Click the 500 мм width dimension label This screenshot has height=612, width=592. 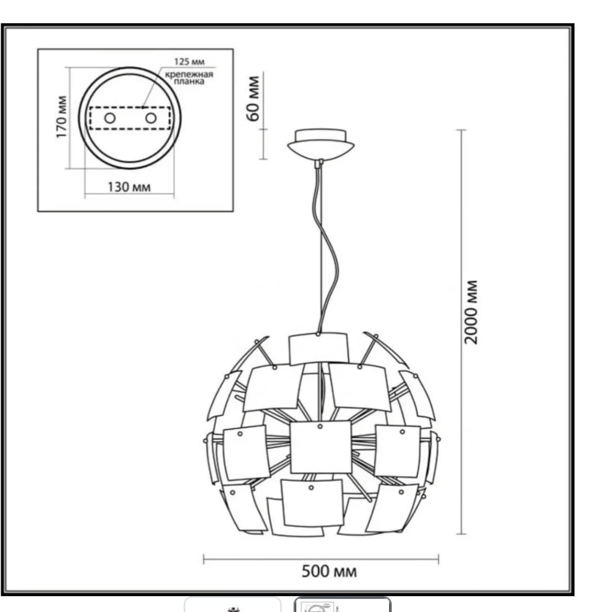(x=329, y=571)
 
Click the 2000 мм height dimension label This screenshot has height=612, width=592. (x=471, y=312)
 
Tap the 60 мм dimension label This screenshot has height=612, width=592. (x=254, y=99)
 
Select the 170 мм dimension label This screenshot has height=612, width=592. (x=61, y=117)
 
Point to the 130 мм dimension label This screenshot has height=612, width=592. (x=129, y=187)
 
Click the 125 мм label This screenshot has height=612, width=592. (x=189, y=61)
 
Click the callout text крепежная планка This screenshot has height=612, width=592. (x=189, y=78)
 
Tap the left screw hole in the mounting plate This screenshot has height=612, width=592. (x=110, y=117)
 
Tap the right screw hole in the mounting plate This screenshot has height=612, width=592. (x=151, y=117)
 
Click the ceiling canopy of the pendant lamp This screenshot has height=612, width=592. (x=321, y=144)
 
